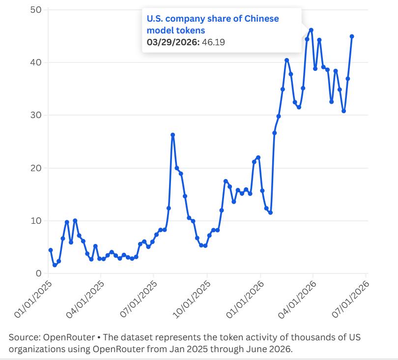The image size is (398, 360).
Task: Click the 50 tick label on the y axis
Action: tap(35, 10)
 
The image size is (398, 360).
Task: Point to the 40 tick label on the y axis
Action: tap(35, 62)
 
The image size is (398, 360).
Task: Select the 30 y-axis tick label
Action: tap(35, 115)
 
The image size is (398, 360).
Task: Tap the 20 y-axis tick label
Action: tap(35, 168)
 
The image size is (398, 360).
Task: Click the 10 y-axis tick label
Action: tap(36, 221)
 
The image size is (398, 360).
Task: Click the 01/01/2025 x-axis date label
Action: tap(33, 300)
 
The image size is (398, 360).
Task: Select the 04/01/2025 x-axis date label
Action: tap(85, 300)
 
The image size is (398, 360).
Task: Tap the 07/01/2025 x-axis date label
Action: tap(139, 300)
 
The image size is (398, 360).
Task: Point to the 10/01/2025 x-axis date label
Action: tap(192, 300)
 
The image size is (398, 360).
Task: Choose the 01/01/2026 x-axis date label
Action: tap(245, 300)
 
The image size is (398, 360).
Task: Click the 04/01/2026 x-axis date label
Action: tap(297, 300)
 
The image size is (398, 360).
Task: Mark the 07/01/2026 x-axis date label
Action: tap(350, 300)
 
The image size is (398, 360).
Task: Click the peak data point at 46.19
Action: tap(311, 30)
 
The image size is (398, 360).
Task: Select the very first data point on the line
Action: tap(51, 250)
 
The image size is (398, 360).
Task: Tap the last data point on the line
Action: tap(352, 36)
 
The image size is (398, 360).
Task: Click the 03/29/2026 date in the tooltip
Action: tap(172, 42)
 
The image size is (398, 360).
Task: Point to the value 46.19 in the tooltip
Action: tap(213, 42)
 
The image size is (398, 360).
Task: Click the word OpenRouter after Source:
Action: tap(69, 337)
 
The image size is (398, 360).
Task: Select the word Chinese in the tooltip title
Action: tap(261, 19)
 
